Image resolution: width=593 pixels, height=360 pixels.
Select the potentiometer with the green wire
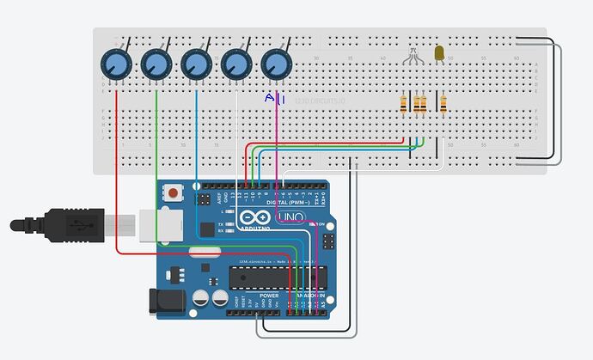[156, 63]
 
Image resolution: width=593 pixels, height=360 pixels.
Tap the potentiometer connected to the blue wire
[196, 63]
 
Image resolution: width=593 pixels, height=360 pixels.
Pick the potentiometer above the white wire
[236, 63]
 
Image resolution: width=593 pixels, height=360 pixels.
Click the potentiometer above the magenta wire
[276, 63]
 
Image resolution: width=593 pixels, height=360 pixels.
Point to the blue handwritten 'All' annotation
[275, 100]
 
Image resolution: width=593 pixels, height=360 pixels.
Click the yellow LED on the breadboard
[439, 53]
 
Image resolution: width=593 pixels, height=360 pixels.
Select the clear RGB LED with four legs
[413, 54]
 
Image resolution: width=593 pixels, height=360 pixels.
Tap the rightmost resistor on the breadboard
[443, 104]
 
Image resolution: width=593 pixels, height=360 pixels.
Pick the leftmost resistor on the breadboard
[404, 104]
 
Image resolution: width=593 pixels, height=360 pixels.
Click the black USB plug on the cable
[69, 225]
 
